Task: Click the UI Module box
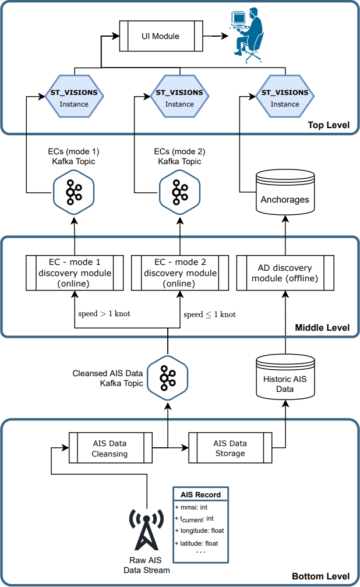click(x=160, y=36)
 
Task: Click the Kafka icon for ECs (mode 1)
click(x=74, y=192)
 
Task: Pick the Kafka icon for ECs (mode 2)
click(x=179, y=192)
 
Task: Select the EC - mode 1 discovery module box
click(x=75, y=273)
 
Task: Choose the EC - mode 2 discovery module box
click(x=180, y=273)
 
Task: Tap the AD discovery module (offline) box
click(x=285, y=273)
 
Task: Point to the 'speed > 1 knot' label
click(x=104, y=314)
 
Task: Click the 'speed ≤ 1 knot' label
click(x=210, y=314)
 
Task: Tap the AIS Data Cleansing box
click(x=110, y=448)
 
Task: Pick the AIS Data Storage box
click(x=230, y=448)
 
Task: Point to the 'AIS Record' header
click(x=200, y=494)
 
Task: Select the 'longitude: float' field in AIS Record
click(x=199, y=531)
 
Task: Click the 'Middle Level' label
click(x=322, y=328)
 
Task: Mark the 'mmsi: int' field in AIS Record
click(x=192, y=507)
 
